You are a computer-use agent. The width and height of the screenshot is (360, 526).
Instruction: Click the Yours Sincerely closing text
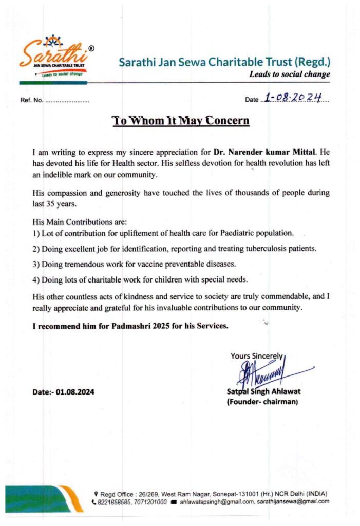coord(256,355)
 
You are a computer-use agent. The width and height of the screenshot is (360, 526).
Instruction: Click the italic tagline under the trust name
coord(289,74)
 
